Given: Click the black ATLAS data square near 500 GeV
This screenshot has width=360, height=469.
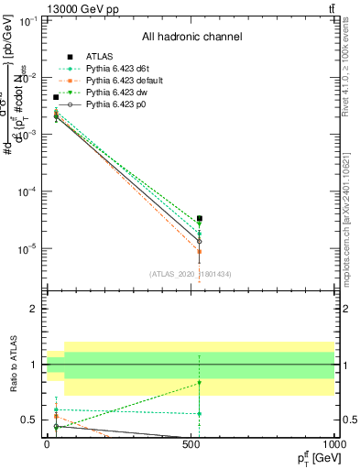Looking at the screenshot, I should click(200, 219).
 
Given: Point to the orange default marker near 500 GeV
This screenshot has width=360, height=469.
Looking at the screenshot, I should click(200, 251).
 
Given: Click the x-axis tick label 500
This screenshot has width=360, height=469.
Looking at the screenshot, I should click(191, 444).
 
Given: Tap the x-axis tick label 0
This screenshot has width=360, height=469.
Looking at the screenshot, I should click(47, 444).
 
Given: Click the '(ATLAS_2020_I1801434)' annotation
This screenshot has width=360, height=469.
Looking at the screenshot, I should click(190, 274).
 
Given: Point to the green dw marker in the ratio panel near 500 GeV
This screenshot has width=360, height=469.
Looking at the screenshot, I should click(200, 382).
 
